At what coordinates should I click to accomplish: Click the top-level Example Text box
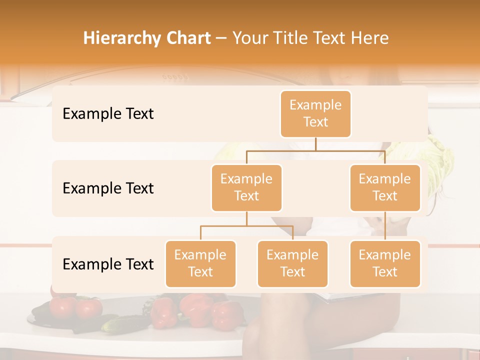click(x=315, y=114)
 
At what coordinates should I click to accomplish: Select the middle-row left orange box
click(x=246, y=188)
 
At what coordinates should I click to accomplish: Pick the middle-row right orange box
click(x=385, y=188)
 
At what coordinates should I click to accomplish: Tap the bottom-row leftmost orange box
click(x=200, y=264)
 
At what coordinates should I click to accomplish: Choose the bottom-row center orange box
click(x=292, y=264)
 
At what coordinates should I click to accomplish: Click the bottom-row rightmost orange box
click(x=385, y=264)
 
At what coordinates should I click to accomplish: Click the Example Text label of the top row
click(x=108, y=114)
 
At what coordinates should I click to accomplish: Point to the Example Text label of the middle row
click(x=108, y=188)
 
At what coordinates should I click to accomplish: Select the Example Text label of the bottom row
click(x=108, y=264)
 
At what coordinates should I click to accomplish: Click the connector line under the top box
click(x=315, y=144)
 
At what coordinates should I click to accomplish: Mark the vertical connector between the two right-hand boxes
click(x=385, y=226)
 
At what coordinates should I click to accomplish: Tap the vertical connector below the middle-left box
click(x=246, y=218)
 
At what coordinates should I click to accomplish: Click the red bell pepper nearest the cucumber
click(x=164, y=310)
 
